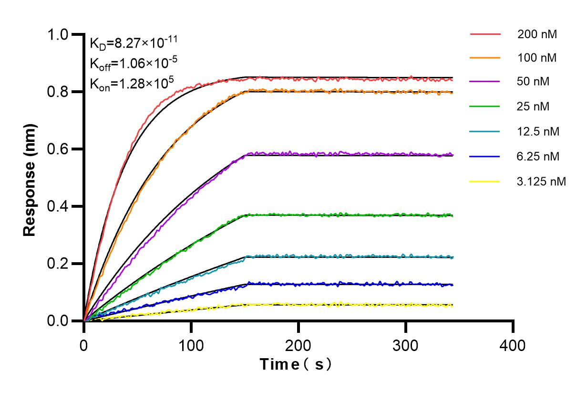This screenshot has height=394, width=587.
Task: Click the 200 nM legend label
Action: [537, 34]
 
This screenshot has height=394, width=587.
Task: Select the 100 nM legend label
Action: [537, 58]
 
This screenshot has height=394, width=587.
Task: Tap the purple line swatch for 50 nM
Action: [485, 82]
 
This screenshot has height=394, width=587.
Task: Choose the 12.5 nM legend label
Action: [538, 131]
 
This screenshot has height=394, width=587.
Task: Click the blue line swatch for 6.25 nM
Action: [485, 156]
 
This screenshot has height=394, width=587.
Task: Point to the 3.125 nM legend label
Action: [542, 181]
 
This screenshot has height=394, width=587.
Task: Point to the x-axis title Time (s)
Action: [296, 364]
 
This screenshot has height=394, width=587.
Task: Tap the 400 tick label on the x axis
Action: [513, 345]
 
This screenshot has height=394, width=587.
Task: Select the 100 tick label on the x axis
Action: [191, 345]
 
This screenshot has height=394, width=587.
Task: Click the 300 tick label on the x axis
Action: [406, 345]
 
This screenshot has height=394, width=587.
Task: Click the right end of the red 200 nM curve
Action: [452, 80]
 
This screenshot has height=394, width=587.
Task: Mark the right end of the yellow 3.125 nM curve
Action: [452, 305]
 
